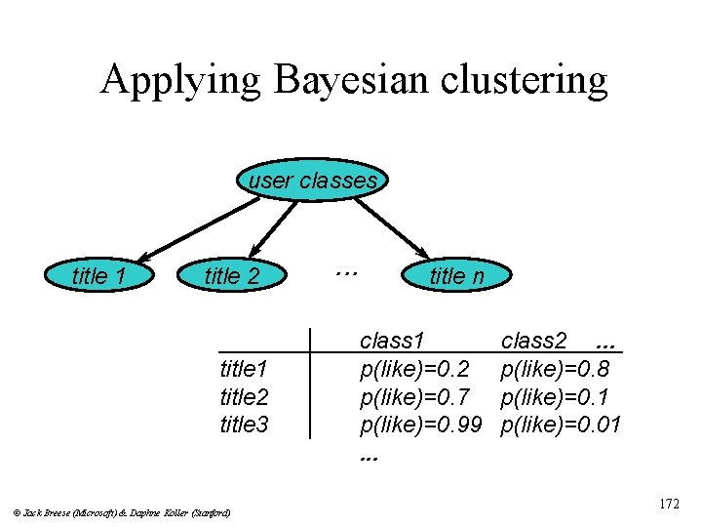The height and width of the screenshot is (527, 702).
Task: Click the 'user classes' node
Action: (312, 181)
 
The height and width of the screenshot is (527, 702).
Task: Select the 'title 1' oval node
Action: (99, 276)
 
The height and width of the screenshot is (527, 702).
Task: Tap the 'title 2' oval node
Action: (232, 276)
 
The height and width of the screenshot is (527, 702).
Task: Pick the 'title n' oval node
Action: (456, 276)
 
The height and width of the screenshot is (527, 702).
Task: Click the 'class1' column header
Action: (392, 341)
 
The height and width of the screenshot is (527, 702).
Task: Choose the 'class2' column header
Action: (533, 341)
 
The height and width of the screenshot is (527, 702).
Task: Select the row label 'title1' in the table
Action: (245, 369)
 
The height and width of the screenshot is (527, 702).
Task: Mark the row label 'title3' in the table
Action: (245, 425)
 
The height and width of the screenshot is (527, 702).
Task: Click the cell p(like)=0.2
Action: (415, 369)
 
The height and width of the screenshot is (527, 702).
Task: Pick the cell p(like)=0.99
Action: (422, 425)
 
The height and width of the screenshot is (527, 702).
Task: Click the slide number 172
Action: (669, 505)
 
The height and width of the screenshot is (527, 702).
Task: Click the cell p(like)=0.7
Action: (415, 397)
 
